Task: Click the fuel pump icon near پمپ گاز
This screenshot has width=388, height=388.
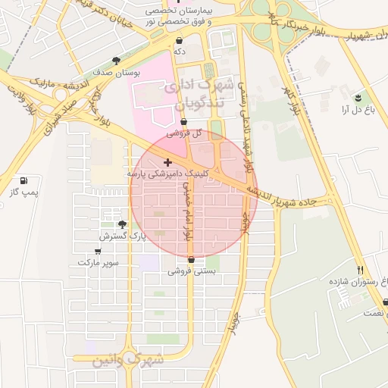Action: click(24, 181)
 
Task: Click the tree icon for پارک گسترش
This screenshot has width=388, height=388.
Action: click(122, 224)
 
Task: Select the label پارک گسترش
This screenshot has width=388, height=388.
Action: click(122, 236)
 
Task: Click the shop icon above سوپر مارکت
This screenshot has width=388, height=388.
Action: click(98, 250)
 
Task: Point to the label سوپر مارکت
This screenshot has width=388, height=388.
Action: click(98, 262)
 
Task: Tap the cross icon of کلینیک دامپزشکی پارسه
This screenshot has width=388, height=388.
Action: click(167, 162)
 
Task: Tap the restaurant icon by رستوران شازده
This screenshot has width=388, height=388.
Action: click(361, 270)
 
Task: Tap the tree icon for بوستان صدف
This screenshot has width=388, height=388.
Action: click(116, 61)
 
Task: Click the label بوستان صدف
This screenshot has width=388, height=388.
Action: click(116, 73)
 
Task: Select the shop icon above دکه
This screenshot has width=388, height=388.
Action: click(178, 39)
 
